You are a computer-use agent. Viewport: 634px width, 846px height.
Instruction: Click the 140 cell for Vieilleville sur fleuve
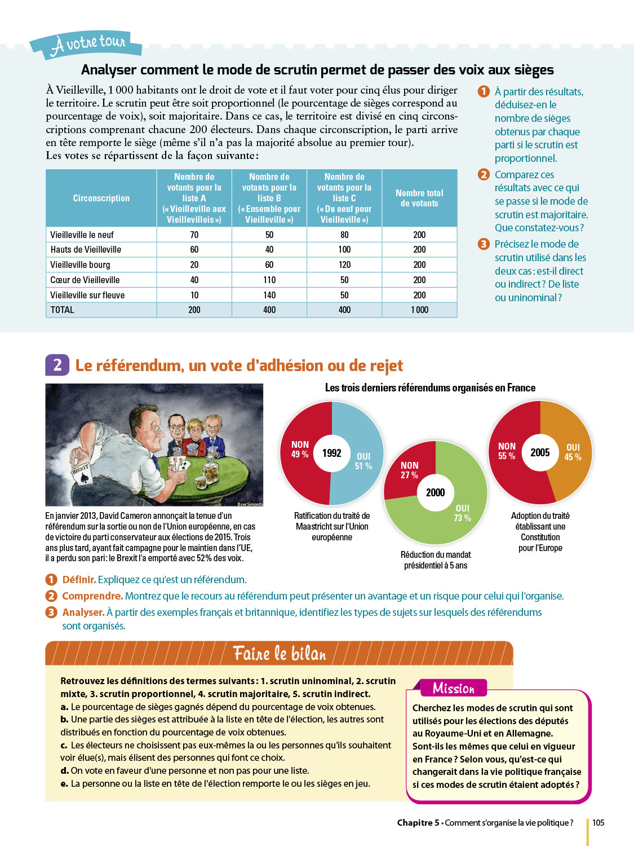pos(269,295)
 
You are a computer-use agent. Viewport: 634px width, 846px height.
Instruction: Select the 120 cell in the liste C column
pos(344,265)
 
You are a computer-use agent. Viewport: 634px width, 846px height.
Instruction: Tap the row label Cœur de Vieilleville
pos(85,280)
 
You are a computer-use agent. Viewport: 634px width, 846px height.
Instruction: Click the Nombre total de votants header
pos(419,198)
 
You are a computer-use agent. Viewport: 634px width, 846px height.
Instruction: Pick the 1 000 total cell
pos(419,310)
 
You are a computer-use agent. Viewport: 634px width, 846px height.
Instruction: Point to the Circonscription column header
pos(101,198)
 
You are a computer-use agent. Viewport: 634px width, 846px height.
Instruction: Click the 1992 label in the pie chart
pos(332,453)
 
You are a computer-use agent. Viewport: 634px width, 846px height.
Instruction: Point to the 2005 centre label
pos(540,452)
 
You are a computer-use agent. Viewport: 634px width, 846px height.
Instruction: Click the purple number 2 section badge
pos(57,365)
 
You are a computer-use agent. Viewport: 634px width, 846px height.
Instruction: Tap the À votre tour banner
pos(87,44)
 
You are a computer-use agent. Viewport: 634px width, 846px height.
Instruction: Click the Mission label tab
pos(454,688)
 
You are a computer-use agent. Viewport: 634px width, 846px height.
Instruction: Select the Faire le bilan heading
pos(280,653)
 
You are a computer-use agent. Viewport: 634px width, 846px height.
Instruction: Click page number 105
pos(598,822)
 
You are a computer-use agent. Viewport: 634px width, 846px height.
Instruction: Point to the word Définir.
pos(79,580)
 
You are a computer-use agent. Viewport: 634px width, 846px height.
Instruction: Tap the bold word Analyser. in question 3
pos(83,613)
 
